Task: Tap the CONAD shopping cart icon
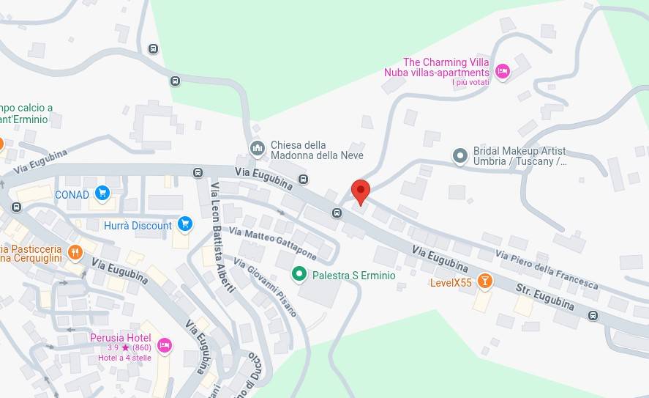coord(102,194)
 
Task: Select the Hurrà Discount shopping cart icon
coord(184,224)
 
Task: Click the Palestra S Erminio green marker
coord(299,275)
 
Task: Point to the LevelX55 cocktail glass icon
coord(484,281)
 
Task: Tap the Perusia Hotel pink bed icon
coord(164,344)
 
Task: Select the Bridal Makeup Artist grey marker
coord(459,155)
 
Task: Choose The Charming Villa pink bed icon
coord(502,71)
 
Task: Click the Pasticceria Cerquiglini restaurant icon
coord(75,253)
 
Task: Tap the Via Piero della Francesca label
coord(547,269)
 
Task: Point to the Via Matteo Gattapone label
coord(272,243)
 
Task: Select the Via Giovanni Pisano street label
coord(266,287)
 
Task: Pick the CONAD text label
coord(72,195)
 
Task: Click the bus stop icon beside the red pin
coord(337,213)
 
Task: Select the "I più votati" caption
coord(470,82)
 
